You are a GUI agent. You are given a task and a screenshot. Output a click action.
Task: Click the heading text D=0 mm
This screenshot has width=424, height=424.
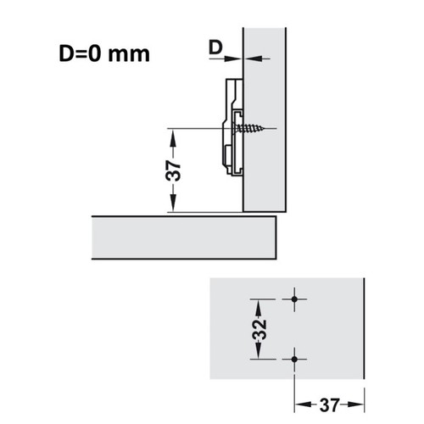tap(104, 53)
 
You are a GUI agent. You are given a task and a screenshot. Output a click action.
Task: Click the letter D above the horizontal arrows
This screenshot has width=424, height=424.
tap(215, 47)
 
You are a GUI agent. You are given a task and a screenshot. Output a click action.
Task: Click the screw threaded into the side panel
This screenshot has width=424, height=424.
tap(248, 129)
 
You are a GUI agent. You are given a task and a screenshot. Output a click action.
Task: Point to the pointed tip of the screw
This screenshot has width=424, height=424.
tap(264, 129)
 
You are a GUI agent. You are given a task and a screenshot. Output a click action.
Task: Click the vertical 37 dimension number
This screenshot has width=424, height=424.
tap(173, 170)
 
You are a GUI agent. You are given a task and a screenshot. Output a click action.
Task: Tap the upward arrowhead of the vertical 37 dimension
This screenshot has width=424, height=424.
tap(173, 137)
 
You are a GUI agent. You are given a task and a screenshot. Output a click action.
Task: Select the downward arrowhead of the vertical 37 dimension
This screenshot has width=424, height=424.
tap(173, 203)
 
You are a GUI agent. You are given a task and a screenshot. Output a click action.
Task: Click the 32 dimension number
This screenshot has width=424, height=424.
tap(259, 329)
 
